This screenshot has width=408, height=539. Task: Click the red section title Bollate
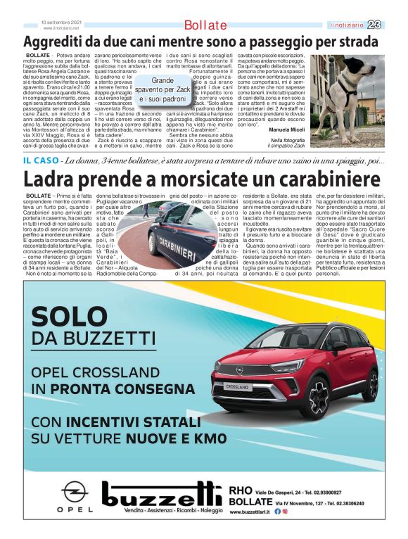coord(205,26)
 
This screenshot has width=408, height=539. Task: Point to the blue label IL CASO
coord(42,160)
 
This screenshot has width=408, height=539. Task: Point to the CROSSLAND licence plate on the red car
coord(237,387)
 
